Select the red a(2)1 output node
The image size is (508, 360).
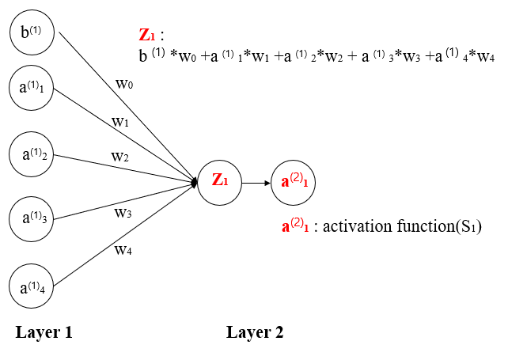pos(294,182)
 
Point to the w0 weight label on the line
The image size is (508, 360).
pos(125,84)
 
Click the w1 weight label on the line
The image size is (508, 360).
pos(120,122)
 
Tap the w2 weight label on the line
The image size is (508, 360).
pos(121,156)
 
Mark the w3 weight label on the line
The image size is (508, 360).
pos(123,212)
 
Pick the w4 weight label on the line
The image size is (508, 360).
pos(123,251)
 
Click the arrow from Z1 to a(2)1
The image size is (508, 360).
pos(256,183)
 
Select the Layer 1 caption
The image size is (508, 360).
pos(44,332)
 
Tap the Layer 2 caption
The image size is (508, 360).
pos(255,332)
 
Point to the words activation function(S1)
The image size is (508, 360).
pos(409,227)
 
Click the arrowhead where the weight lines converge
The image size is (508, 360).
pos(195,183)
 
